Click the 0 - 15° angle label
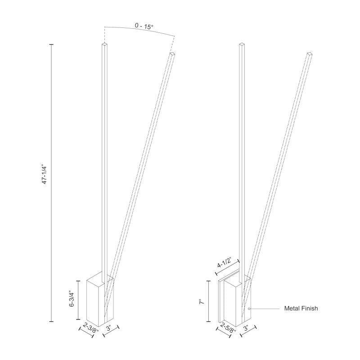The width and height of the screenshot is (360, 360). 144,26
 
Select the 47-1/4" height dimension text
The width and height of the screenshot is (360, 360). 45,175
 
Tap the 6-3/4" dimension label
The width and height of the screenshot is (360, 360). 72,299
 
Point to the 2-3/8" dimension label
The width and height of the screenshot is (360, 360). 90,327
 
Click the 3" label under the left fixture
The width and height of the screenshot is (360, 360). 109,328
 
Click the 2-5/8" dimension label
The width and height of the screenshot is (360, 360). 228,328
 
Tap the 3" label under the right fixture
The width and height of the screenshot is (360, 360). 246,328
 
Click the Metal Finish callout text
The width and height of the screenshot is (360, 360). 301,308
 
